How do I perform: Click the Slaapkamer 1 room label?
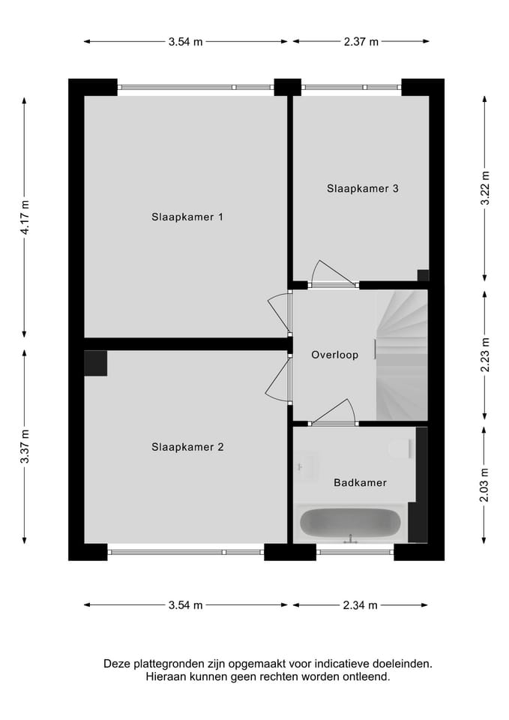[187, 217]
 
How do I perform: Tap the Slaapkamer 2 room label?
[187, 447]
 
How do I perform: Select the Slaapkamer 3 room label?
[362, 188]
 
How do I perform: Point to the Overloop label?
[334, 355]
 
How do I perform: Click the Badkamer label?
[360, 482]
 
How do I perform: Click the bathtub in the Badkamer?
[349, 522]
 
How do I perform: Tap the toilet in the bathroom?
[401, 448]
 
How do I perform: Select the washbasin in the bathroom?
[307, 466]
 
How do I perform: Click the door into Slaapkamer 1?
[279, 313]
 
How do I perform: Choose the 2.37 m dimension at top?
[361, 42]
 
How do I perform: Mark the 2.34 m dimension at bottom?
[360, 605]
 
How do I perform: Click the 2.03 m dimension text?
[485, 484]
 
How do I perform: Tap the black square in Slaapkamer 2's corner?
[96, 363]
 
